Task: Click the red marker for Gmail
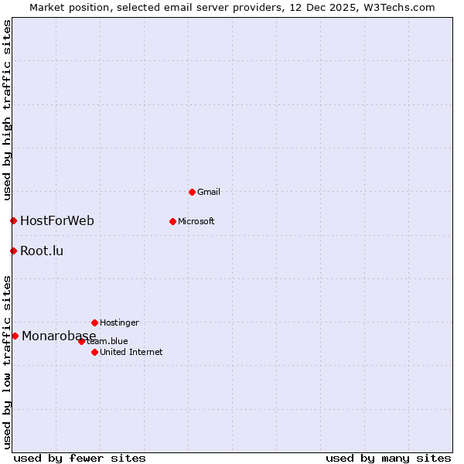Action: pos(192,192)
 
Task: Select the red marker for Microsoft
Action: pos(172,221)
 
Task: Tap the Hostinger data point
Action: pos(94,322)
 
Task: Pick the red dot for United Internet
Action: pos(94,352)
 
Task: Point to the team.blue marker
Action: pos(81,341)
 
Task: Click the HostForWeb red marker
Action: pos(13,221)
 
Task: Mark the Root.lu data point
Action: pos(13,251)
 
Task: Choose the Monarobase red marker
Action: pos(15,336)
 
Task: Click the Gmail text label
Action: pos(209,192)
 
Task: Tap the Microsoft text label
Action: pos(196,221)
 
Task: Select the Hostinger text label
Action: pos(119,322)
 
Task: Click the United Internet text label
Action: pos(131,352)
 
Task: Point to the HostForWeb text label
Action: pos(57,221)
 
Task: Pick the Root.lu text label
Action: pos(42,251)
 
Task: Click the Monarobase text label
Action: pos(59,336)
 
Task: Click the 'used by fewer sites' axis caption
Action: pos(80,458)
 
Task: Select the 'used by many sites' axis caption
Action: pos(388,458)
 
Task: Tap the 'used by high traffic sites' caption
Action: pos(7,110)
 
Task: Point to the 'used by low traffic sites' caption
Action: pos(7,362)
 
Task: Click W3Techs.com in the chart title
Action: pos(399,7)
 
